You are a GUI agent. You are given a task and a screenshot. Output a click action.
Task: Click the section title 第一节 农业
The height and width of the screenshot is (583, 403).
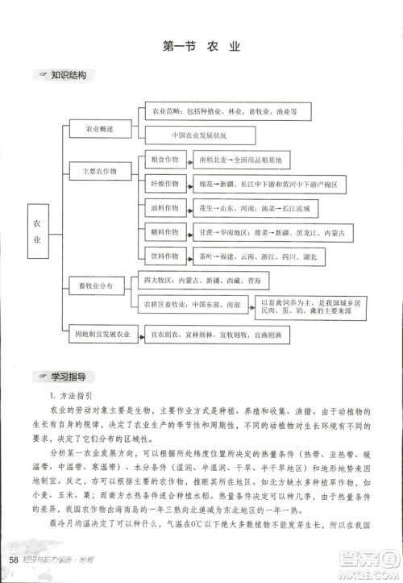pyautogui.click(x=201, y=47)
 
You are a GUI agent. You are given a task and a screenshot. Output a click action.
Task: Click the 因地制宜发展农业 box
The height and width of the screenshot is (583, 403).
pyautogui.click(x=101, y=332)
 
